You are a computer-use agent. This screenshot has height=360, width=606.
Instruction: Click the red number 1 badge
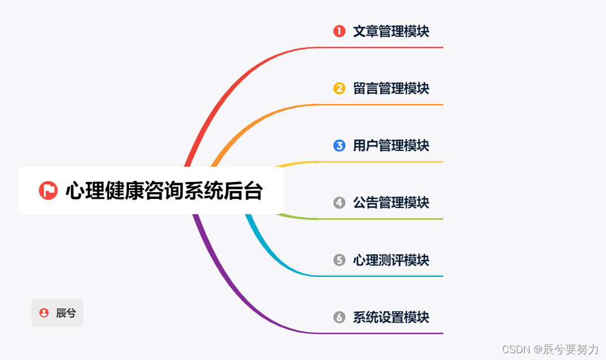(339, 31)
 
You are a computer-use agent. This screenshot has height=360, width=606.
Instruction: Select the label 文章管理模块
(391, 31)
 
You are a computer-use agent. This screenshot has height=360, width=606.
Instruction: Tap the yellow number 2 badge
(339, 88)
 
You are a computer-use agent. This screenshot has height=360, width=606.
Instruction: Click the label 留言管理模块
(391, 88)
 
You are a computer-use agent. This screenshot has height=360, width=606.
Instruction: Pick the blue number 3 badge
(339, 145)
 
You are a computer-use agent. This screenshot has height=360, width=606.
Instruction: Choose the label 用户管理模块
(391, 145)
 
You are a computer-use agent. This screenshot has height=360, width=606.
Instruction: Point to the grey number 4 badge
(339, 202)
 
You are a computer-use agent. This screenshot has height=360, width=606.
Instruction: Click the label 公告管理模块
(391, 202)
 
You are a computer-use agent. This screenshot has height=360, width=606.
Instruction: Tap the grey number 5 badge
(339, 260)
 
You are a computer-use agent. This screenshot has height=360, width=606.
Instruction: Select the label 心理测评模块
(391, 260)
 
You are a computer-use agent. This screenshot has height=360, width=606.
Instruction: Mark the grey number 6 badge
(339, 317)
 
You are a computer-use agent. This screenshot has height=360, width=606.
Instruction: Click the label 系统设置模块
(391, 317)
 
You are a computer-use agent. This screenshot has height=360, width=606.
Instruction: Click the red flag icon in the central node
(48, 190)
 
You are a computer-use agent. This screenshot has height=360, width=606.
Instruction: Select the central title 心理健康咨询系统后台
(164, 190)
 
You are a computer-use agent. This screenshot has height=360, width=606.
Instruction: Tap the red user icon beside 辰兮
(44, 313)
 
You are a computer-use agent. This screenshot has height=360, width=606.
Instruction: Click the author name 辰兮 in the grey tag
(66, 313)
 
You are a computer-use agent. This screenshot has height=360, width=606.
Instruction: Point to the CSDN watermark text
(549, 349)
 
